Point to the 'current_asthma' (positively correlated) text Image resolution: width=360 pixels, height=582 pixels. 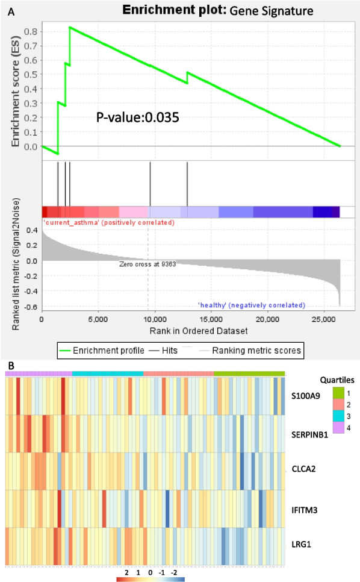[x=108, y=223]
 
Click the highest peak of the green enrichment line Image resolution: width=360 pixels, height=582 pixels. [x=70, y=27]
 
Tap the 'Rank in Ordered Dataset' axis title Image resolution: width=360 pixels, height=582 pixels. [x=191, y=331]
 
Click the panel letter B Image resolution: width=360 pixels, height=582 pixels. [x=6, y=365]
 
